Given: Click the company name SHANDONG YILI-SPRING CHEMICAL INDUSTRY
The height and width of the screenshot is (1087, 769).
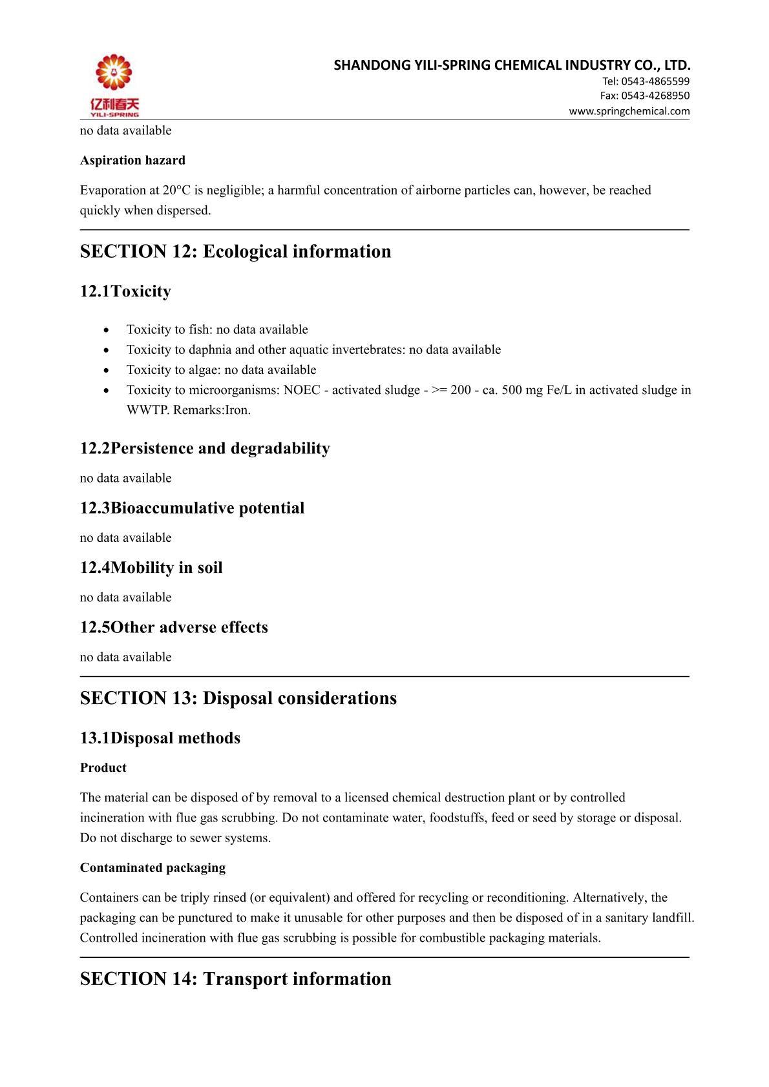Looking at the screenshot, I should [512, 65].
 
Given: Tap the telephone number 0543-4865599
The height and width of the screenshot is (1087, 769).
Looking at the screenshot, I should [655, 81].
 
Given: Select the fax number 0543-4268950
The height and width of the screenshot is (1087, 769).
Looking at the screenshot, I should [655, 96].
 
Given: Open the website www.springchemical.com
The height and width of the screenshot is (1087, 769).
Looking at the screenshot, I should [629, 111].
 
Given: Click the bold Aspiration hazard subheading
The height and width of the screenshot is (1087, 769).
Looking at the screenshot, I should [132, 160].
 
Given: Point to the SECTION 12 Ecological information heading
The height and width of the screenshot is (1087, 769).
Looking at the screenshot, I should [235, 251].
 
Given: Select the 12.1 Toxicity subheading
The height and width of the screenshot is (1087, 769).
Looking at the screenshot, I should [125, 291].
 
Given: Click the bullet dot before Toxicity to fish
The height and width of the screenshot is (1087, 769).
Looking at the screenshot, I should [106, 330].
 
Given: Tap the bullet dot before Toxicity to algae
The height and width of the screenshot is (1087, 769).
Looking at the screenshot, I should [106, 370].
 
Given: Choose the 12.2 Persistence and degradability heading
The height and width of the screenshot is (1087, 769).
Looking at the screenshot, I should [205, 448].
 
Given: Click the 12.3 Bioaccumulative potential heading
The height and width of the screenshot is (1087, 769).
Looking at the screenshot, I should [192, 508].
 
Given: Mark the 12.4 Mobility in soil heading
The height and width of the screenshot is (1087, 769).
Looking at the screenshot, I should [151, 568].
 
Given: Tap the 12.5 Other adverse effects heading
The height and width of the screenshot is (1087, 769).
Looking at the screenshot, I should [174, 627].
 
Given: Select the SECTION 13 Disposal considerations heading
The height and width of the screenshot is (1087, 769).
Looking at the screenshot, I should [238, 698].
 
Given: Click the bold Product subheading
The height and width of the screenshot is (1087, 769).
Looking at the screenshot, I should [103, 768].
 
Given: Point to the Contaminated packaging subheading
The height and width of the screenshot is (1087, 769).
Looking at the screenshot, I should [153, 868].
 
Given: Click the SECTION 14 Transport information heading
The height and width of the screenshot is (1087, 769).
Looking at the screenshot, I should [235, 978].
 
